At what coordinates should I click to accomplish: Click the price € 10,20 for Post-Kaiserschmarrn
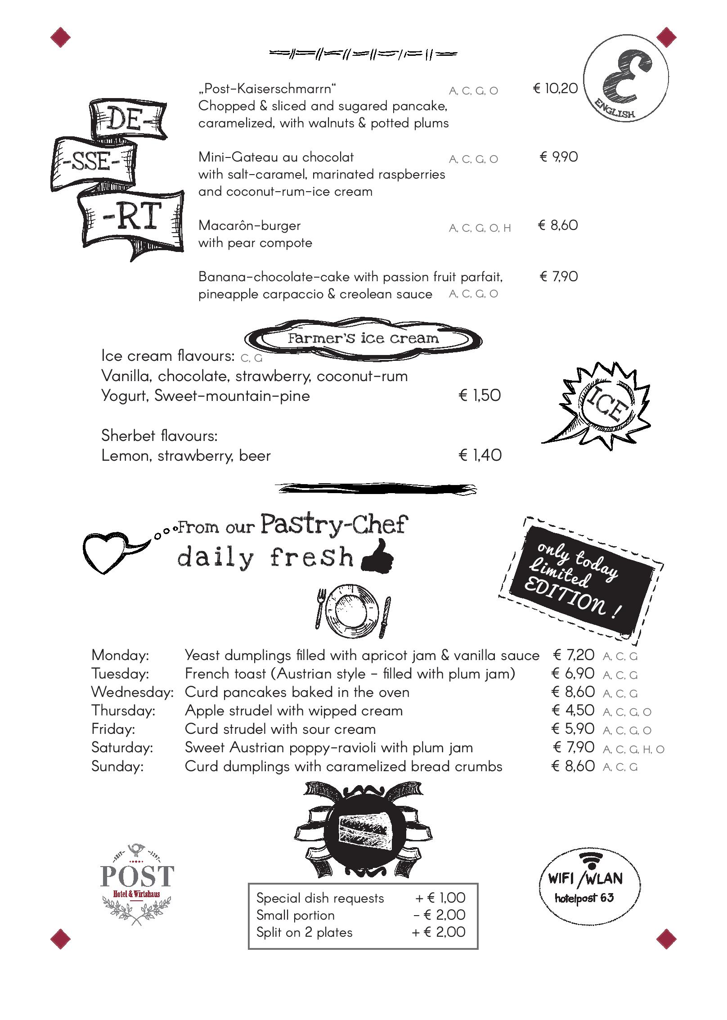(555, 88)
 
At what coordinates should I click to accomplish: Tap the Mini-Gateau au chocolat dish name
(276, 157)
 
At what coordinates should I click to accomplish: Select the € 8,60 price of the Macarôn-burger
(557, 225)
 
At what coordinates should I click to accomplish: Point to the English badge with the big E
(625, 84)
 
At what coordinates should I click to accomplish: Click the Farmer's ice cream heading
(363, 338)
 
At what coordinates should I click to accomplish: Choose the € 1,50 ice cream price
(479, 395)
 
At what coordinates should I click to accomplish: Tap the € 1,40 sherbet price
(480, 455)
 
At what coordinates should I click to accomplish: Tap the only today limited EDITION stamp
(580, 578)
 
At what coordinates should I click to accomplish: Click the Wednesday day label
(132, 692)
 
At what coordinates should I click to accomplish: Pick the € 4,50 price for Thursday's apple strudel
(573, 710)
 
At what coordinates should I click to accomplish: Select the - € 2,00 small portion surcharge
(439, 915)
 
